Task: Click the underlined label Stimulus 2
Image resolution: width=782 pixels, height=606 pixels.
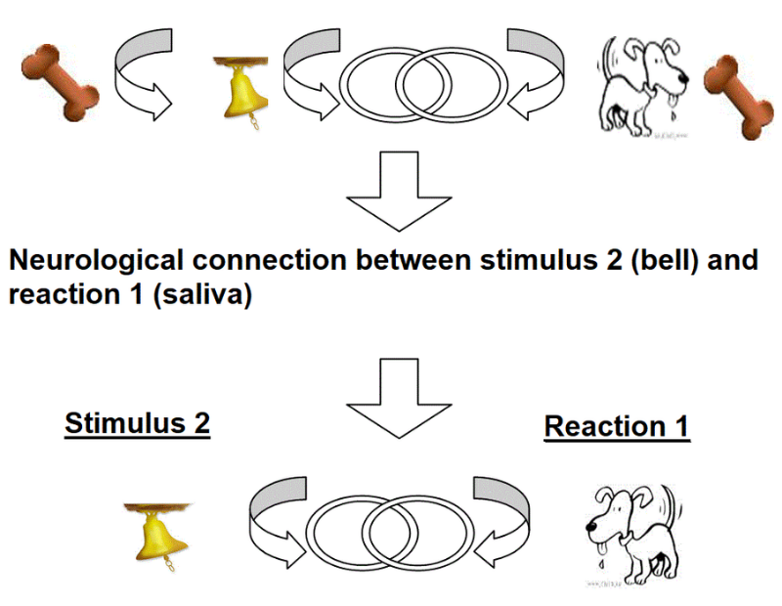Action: pos(137,425)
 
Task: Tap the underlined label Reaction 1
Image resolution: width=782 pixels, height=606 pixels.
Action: pos(617,427)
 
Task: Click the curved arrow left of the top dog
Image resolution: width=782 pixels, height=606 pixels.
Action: pos(532,73)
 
